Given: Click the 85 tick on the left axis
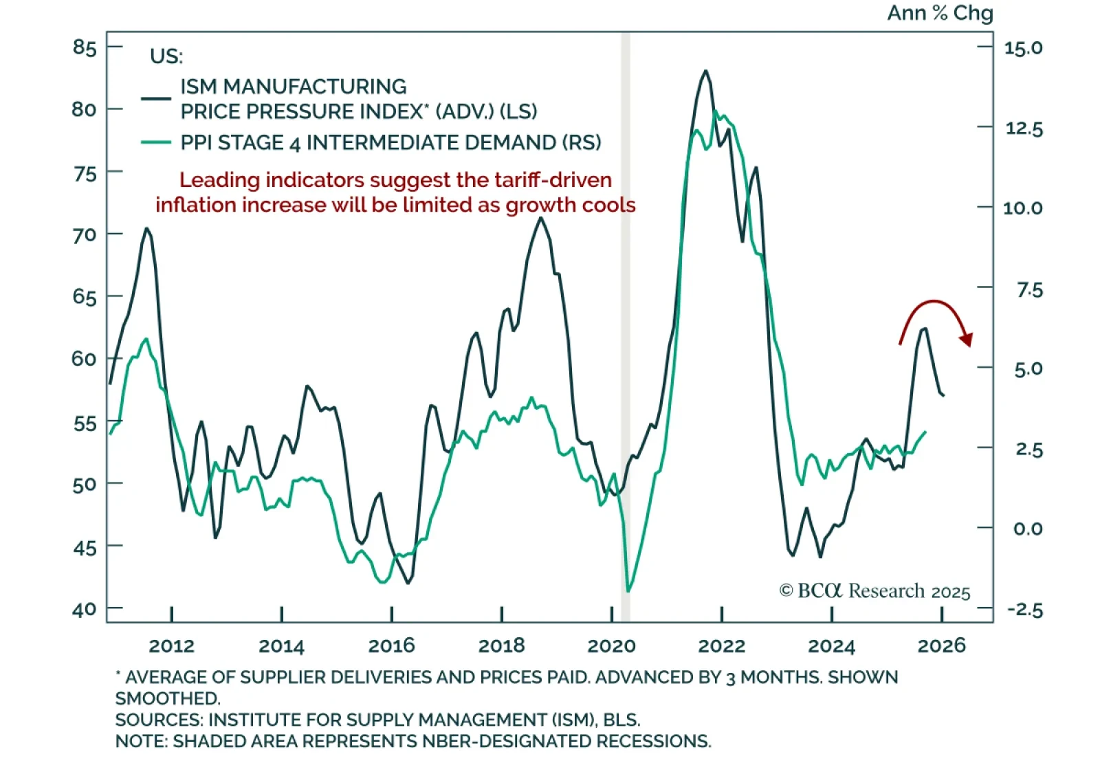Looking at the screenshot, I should (x=85, y=47).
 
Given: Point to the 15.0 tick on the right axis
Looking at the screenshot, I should (x=1023, y=48).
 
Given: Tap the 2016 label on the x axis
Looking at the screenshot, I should (x=391, y=646).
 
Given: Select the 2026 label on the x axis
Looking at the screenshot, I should (x=941, y=646).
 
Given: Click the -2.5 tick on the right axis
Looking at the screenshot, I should (x=1024, y=610).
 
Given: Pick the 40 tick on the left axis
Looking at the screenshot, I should (x=85, y=610).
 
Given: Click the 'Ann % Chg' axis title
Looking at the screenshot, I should (x=940, y=13).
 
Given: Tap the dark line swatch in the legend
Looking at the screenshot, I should (x=156, y=98).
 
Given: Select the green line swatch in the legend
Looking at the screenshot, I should (x=156, y=142).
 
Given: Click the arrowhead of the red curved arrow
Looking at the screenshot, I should (x=967, y=339).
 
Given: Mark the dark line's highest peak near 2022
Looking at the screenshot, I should (x=705, y=71).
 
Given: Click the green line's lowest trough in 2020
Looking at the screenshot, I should (x=628, y=591).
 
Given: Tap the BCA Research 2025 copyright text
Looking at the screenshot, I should (x=874, y=591).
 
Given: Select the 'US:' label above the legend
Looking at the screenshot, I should (x=166, y=56).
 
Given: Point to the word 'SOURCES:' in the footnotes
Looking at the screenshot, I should (x=159, y=720).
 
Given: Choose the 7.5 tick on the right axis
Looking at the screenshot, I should (x=1029, y=290).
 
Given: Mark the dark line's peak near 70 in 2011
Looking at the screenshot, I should (x=146, y=228).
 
